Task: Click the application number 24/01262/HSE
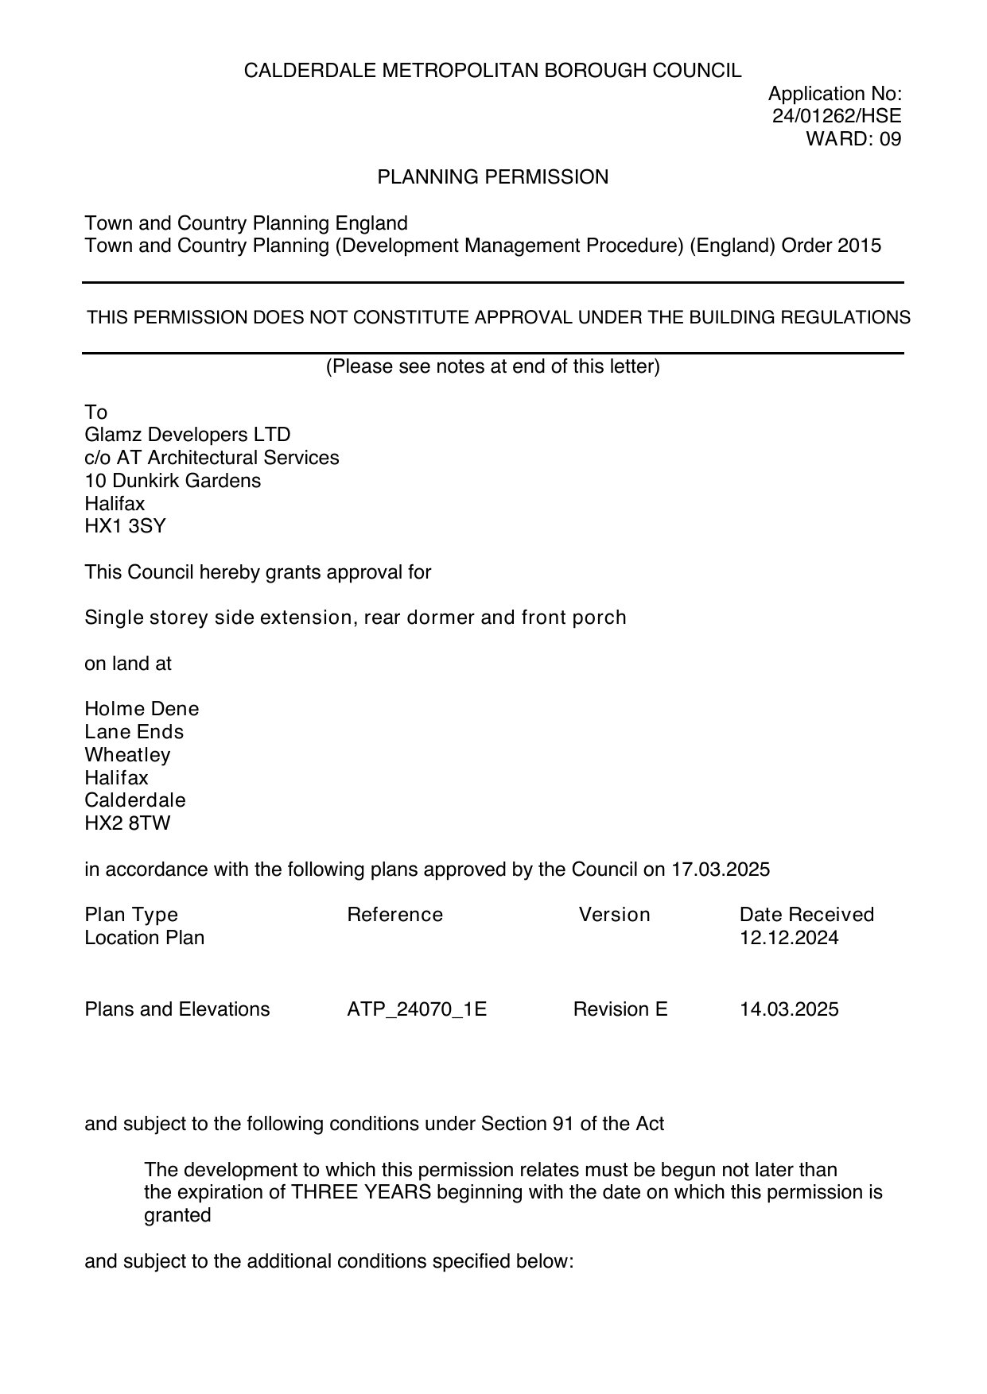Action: [837, 116]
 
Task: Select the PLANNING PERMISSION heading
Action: [492, 177]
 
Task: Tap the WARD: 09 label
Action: [853, 139]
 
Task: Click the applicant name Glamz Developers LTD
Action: [188, 435]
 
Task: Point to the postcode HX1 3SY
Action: [125, 526]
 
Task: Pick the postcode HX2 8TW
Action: [127, 823]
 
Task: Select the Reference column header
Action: [394, 915]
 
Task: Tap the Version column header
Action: [614, 915]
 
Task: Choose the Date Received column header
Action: [806, 915]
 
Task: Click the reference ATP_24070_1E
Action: [417, 1009]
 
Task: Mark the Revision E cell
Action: [620, 1009]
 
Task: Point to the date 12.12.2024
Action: [789, 938]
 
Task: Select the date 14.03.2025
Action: [789, 1009]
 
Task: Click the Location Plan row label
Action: [144, 938]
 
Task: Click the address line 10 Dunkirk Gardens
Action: [173, 481]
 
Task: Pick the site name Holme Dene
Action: [142, 709]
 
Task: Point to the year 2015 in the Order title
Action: [859, 246]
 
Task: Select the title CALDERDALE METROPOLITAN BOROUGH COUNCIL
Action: [492, 71]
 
